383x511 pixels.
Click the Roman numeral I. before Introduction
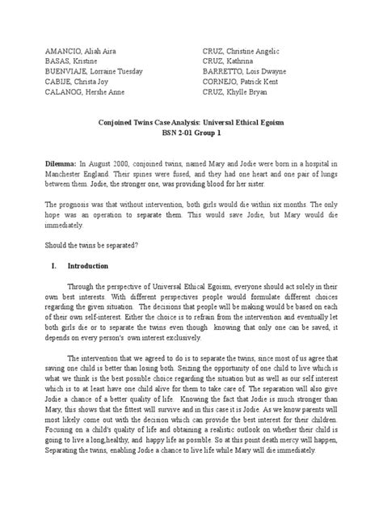(x=53, y=264)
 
